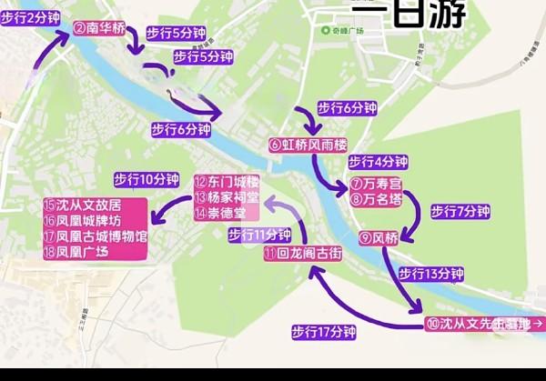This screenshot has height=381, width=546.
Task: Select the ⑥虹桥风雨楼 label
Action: [x=308, y=145]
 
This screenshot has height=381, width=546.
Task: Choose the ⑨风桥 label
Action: [x=379, y=238]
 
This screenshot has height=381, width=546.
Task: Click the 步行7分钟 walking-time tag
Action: [x=460, y=212]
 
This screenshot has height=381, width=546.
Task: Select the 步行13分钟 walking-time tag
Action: [x=431, y=274]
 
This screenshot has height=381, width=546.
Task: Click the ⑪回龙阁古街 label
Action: [x=303, y=255]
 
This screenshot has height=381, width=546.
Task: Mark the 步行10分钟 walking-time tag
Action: [x=147, y=178]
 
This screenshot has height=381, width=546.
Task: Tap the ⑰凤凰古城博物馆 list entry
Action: [x=95, y=236]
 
